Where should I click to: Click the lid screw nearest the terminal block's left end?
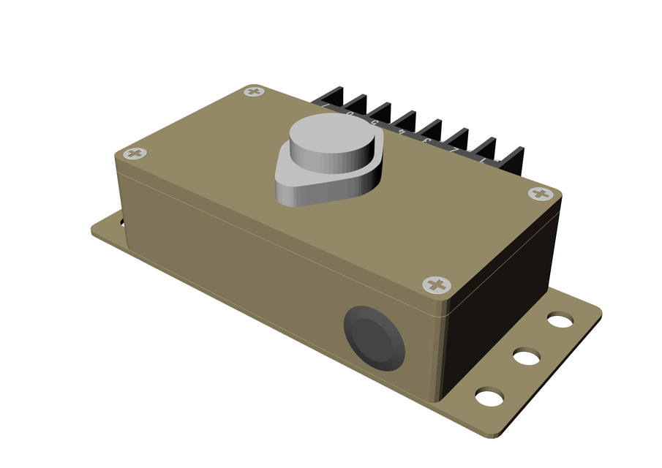point(254,91)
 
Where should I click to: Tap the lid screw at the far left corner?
point(135,154)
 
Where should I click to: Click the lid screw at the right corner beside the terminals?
point(541,194)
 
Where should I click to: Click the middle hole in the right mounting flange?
point(526,357)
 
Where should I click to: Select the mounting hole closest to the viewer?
point(489,397)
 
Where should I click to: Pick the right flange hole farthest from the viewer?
point(560,320)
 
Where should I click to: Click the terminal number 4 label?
point(402,132)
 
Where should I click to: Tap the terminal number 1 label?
point(482,161)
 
